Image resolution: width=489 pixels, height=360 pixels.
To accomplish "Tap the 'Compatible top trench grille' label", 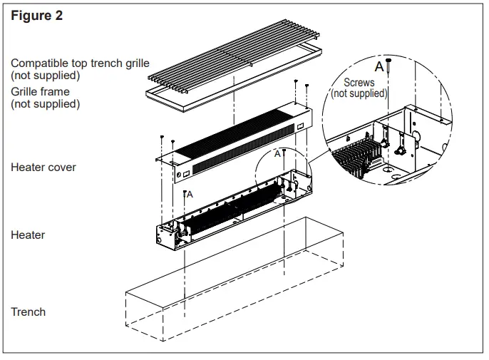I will pyautogui.click(x=80, y=63).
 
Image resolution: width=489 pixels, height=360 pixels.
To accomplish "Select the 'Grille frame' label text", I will pyautogui.click(x=41, y=92).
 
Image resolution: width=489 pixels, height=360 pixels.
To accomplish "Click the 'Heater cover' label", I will pyautogui.click(x=43, y=168).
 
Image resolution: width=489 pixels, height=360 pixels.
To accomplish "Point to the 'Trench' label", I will pyautogui.click(x=29, y=312).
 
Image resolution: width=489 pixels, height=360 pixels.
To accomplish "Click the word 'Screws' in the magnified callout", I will pyautogui.click(x=359, y=83).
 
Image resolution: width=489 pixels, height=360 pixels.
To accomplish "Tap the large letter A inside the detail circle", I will pyautogui.click(x=379, y=66).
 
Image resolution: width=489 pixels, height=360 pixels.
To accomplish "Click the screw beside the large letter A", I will pyautogui.click(x=389, y=68).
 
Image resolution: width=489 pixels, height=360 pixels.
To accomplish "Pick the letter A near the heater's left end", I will pyautogui.click(x=189, y=193).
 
